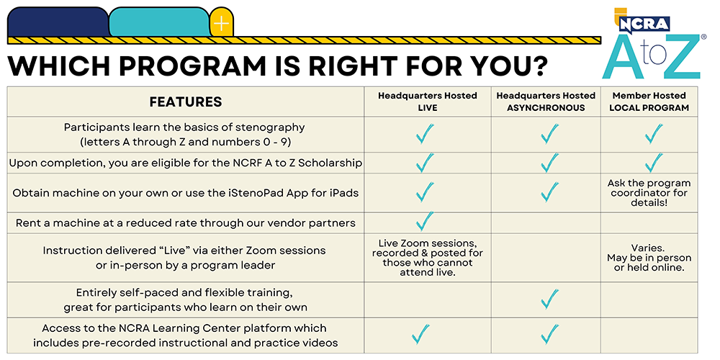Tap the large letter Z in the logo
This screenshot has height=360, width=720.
click(x=678, y=57)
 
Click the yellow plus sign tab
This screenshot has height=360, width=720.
click(x=221, y=24)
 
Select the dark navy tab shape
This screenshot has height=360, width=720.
click(x=58, y=22)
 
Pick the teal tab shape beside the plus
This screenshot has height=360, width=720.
click(x=158, y=22)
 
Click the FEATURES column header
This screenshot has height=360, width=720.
click(x=186, y=102)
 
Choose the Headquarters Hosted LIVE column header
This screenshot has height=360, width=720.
click(x=428, y=102)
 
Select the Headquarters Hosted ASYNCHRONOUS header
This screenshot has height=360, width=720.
click(x=546, y=102)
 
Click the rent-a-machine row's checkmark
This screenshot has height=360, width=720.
click(x=425, y=221)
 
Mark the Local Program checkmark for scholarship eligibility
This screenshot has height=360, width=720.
click(x=653, y=163)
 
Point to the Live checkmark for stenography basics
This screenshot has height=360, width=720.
click(x=425, y=134)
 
